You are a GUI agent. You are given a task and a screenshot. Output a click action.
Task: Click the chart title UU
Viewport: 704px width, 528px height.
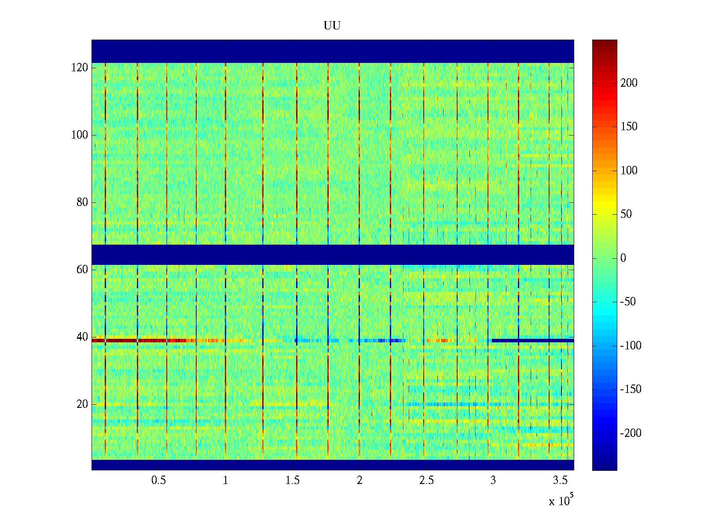pyautogui.click(x=332, y=26)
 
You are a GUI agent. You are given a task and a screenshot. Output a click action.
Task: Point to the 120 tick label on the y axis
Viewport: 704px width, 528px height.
pyautogui.click(x=80, y=68)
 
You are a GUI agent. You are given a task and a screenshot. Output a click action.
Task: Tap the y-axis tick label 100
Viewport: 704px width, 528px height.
pyautogui.click(x=80, y=135)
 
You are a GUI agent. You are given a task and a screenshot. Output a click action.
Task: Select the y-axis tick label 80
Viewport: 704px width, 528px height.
pyautogui.click(x=82, y=202)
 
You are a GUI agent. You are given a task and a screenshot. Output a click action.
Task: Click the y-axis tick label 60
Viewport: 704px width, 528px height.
pyautogui.click(x=82, y=270)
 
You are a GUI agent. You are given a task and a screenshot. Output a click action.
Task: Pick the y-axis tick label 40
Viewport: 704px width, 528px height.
pyautogui.click(x=82, y=337)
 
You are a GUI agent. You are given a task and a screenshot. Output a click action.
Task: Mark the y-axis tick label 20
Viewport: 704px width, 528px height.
pyautogui.click(x=82, y=404)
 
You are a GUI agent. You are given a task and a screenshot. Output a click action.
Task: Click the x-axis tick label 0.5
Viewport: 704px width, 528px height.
pyautogui.click(x=158, y=480)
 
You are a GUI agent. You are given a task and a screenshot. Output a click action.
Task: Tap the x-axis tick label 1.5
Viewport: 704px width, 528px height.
pyautogui.click(x=292, y=480)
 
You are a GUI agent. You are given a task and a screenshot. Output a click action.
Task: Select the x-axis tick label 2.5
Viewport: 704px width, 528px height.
pyautogui.click(x=426, y=480)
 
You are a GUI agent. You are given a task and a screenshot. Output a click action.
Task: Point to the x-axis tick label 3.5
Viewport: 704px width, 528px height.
pyautogui.click(x=560, y=480)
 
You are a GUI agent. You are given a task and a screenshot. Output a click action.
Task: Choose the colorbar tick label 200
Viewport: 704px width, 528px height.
pyautogui.click(x=629, y=83)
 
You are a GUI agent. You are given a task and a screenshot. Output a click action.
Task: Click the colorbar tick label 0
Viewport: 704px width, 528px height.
pyautogui.click(x=623, y=258)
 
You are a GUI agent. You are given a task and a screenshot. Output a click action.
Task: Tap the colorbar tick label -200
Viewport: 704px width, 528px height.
pyautogui.click(x=631, y=433)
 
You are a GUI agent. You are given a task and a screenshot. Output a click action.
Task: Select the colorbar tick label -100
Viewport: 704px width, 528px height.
pyautogui.click(x=631, y=346)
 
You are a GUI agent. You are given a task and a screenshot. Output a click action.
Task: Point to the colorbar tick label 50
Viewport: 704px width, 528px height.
pyautogui.click(x=626, y=214)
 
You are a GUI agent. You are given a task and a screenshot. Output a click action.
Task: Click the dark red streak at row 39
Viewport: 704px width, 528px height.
pyautogui.click(x=128, y=341)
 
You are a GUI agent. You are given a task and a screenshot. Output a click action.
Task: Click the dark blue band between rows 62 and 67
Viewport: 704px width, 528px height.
pyautogui.click(x=332, y=255)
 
